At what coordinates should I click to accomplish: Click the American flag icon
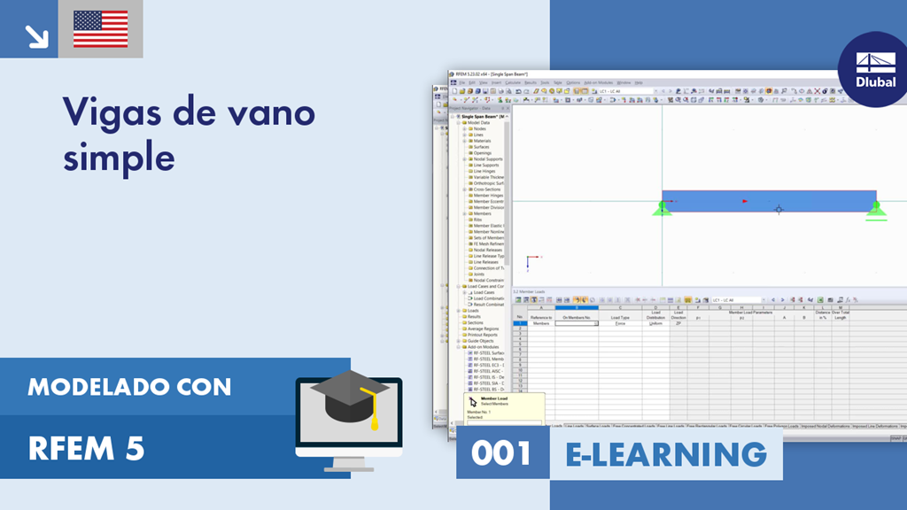point(100,29)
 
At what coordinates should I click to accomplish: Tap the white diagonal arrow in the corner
point(36,35)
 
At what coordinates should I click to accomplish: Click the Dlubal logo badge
point(875,69)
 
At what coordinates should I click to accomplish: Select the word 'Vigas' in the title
point(110,113)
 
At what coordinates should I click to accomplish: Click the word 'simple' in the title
point(118,157)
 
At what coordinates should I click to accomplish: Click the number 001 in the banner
point(501,453)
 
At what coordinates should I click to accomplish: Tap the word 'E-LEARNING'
point(666,453)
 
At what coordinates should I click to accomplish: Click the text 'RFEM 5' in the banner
point(86,450)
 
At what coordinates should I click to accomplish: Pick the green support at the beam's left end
point(661,209)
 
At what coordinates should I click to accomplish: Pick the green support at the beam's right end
point(876,209)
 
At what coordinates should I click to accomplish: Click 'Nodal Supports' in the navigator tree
point(487,159)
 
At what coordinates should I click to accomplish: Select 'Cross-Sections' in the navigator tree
point(486,189)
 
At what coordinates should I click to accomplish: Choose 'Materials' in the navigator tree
point(482,141)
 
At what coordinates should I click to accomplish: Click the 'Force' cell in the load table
point(620,324)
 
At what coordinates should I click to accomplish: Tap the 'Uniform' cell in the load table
point(655,324)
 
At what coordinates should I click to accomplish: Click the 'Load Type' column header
point(620,317)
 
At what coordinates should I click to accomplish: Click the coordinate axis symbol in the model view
point(530,261)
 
